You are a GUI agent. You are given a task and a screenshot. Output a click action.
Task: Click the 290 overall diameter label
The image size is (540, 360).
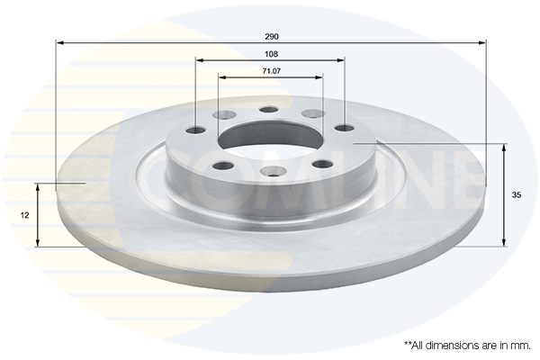click(272, 36)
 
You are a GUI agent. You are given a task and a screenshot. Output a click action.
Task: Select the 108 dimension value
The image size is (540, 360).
click(271, 54)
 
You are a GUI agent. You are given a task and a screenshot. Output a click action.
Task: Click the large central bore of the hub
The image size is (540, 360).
click(270, 138)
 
